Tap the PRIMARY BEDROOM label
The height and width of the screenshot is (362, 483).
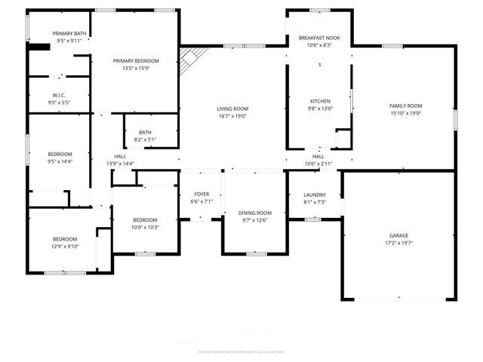point(136,60)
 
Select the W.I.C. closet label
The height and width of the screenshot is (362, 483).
point(59,94)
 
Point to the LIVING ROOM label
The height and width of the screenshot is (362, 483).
point(233,109)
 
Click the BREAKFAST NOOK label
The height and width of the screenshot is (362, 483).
point(320,37)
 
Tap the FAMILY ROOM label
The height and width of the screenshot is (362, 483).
point(405,106)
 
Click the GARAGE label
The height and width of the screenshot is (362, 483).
point(399,235)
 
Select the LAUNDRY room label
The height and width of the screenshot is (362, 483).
point(314,195)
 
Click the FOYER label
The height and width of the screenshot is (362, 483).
point(202,194)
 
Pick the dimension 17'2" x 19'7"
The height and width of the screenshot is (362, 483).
point(399,244)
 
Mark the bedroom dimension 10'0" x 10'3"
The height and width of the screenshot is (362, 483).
point(145,227)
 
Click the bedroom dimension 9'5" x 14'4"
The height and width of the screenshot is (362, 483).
point(60,161)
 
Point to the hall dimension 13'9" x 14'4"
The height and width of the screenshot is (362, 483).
point(120,164)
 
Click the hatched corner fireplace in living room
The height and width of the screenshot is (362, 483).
point(193,59)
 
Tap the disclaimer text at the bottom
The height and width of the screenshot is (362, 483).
point(241,351)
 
